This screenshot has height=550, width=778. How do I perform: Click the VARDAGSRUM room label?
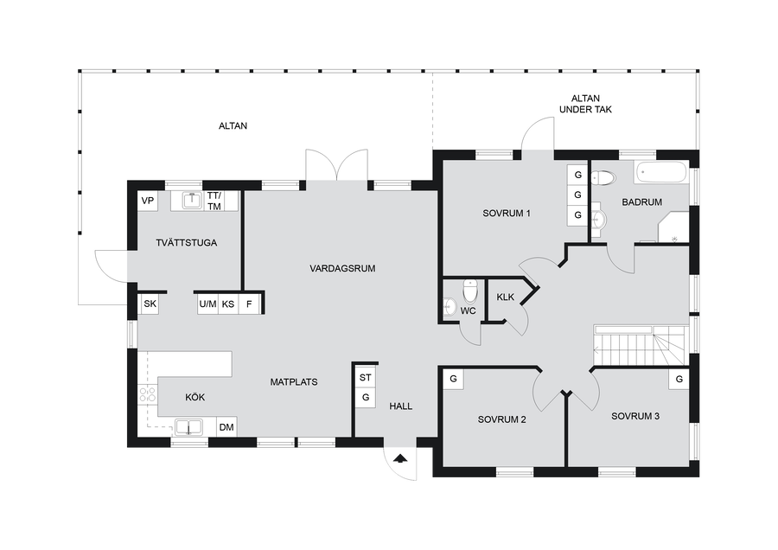[x=342, y=269]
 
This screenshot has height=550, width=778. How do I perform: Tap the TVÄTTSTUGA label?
[x=186, y=243]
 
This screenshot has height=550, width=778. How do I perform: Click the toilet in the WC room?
[x=470, y=291]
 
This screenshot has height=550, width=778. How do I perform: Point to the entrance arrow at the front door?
[x=400, y=457]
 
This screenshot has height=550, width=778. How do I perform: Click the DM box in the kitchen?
[x=226, y=427]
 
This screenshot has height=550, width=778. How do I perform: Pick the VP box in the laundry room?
[x=148, y=201]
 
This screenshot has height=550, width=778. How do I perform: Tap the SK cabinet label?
[x=150, y=304]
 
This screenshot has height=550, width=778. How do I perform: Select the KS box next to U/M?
[x=228, y=304]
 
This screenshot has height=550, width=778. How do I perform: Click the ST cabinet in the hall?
[x=366, y=377]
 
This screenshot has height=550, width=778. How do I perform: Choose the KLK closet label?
[x=506, y=297]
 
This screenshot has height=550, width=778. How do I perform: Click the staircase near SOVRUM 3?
[x=641, y=345]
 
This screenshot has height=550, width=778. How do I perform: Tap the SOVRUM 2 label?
[x=501, y=419]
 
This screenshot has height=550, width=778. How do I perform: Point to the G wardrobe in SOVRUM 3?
[x=679, y=380]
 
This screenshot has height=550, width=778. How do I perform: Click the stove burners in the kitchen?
[x=147, y=394]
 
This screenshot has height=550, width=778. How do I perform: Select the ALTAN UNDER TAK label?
[x=585, y=104]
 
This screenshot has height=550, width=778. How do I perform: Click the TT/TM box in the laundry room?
[x=214, y=201]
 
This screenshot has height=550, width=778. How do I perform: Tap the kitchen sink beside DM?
[x=188, y=427]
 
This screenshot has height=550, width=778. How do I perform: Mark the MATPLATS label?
[x=294, y=382]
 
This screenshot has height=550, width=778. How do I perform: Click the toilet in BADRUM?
[x=605, y=177]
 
